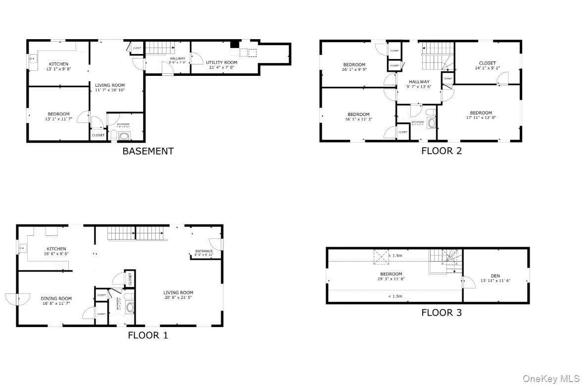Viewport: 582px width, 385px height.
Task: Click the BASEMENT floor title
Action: click(148, 151)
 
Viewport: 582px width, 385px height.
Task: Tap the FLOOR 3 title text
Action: click(441, 312)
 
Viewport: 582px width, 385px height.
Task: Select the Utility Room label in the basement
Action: click(221, 63)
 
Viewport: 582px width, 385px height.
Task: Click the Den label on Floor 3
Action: click(495, 276)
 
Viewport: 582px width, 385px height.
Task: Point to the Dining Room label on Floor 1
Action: click(56, 298)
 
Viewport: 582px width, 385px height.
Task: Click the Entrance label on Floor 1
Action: click(204, 251)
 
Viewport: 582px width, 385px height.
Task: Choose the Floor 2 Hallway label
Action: click(419, 82)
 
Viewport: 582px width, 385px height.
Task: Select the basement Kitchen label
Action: click(58, 64)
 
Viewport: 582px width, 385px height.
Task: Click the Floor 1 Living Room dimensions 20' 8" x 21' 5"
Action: click(179, 298)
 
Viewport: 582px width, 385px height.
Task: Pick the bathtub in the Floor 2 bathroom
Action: click(431, 123)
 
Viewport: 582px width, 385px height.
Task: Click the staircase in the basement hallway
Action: click(159, 48)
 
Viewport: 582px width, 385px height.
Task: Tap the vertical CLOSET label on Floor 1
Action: click(131, 279)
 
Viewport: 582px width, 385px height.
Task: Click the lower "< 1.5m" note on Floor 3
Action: click(395, 296)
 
